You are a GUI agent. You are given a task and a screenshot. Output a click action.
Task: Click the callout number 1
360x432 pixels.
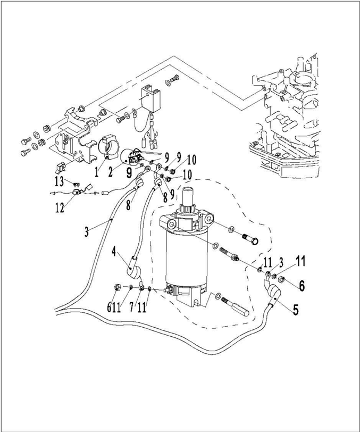pyautogui.click(x=98, y=172)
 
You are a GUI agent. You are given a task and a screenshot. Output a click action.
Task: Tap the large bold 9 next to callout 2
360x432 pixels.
pyautogui.click(x=130, y=172)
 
